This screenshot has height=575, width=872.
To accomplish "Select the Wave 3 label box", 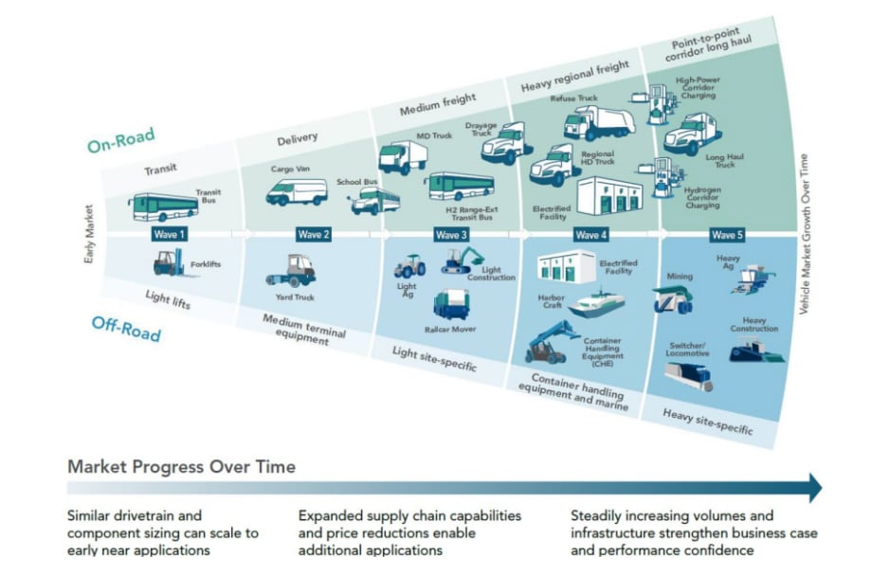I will pyautogui.click(x=451, y=234).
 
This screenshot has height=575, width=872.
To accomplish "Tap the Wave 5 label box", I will pyautogui.click(x=727, y=234).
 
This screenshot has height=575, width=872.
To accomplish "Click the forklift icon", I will pyautogui.click(x=168, y=264).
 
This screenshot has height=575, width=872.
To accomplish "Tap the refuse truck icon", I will pyautogui.click(x=598, y=122).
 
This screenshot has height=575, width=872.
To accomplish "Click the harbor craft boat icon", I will pyautogui.click(x=594, y=302).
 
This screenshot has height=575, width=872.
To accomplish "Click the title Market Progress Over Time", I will pyautogui.click(x=181, y=466).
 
